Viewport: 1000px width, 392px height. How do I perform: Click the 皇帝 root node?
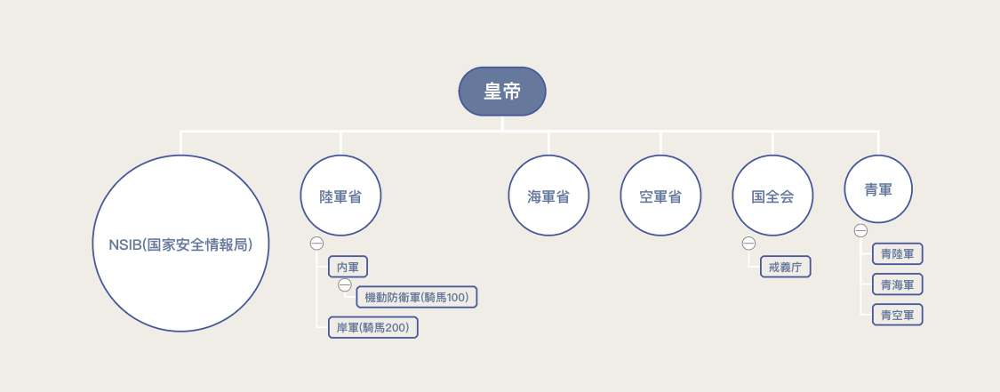pos(502,92)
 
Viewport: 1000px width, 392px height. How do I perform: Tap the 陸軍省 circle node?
pos(340,196)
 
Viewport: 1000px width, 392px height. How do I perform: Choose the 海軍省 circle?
pos(548,196)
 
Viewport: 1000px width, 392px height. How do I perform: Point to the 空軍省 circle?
pos(660,196)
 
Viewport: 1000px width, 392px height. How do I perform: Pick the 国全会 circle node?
pos(772,196)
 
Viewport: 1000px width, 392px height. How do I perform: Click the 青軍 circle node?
pos(878,189)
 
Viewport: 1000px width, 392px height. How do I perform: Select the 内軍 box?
pos(348,267)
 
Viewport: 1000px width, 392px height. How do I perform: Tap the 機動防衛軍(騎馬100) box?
pos(417,297)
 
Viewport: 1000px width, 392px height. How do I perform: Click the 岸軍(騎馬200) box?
pos(372,327)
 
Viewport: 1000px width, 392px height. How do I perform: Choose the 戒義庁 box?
pos(786,267)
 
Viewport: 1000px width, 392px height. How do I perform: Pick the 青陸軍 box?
pos(897,254)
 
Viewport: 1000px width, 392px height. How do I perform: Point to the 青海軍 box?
pos(897,284)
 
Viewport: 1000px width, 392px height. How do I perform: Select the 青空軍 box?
pos(897,315)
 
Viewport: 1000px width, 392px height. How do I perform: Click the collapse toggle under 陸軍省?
pos(316,244)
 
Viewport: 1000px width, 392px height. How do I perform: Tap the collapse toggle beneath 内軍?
pos(345,284)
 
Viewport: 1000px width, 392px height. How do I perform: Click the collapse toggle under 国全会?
pos(748,244)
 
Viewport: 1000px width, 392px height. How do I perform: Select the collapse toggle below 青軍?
pos(860,231)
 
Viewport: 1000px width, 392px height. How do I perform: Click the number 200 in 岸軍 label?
pos(396,328)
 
